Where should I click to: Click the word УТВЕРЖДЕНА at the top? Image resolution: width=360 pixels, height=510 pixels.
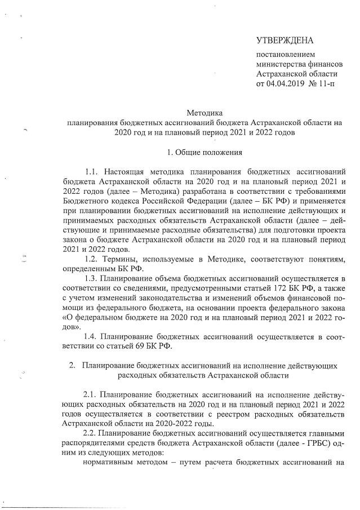click(285, 40)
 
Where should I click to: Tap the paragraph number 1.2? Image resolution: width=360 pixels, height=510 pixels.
click(92, 258)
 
